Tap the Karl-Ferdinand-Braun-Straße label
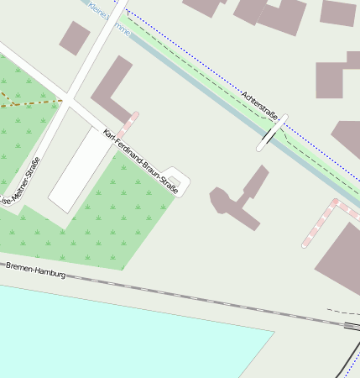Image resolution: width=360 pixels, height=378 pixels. pyautogui.click(x=140, y=161)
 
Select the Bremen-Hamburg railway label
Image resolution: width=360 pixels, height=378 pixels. pyautogui.click(x=35, y=270)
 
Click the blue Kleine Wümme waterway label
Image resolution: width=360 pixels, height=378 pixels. pyautogui.click(x=110, y=18)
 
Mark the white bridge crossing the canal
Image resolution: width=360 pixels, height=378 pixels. pyautogui.click(x=272, y=133)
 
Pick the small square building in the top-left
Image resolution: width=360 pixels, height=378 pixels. pyautogui.click(x=74, y=38)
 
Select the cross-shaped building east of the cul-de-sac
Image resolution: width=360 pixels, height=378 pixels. pyautogui.click(x=240, y=200)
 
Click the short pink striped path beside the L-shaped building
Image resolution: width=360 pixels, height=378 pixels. pyautogui.click(x=128, y=125)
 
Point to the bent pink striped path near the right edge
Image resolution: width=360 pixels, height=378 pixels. pyautogui.click(x=322, y=220)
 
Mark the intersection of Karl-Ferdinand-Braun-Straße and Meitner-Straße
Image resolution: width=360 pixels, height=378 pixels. pyautogui.click(x=70, y=102)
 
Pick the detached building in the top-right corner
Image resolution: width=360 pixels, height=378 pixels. pyautogui.click(x=338, y=13)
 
